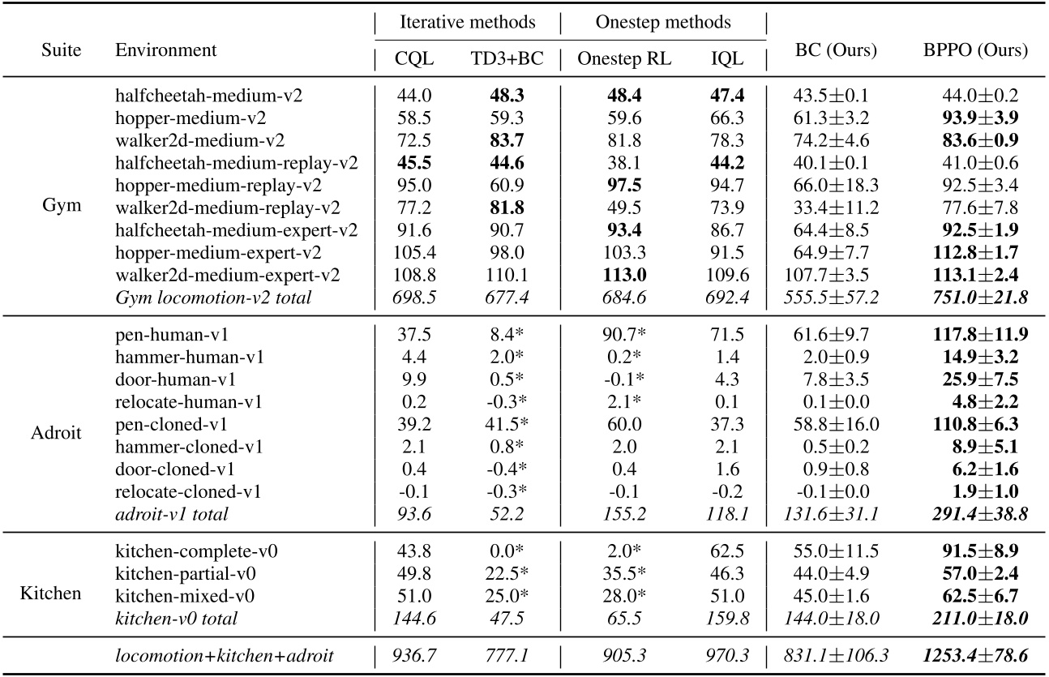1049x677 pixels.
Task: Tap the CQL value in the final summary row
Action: click(x=405, y=653)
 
